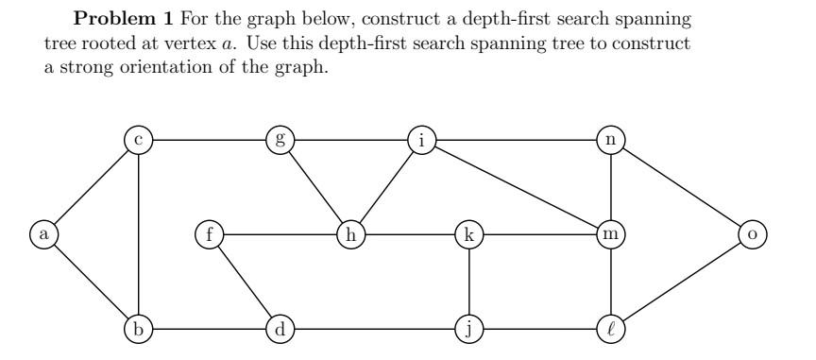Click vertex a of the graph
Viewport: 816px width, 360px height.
42,232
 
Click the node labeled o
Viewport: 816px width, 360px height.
752,232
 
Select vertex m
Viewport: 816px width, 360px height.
610,232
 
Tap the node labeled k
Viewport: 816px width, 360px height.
468,232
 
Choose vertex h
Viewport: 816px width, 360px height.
350,232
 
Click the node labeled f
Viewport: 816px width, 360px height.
208,232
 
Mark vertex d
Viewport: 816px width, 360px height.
280,329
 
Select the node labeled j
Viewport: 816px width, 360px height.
468,329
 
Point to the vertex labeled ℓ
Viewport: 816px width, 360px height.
610,329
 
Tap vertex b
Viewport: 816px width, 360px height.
139,329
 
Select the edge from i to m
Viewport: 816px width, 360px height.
515,186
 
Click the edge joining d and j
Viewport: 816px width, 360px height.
374,329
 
